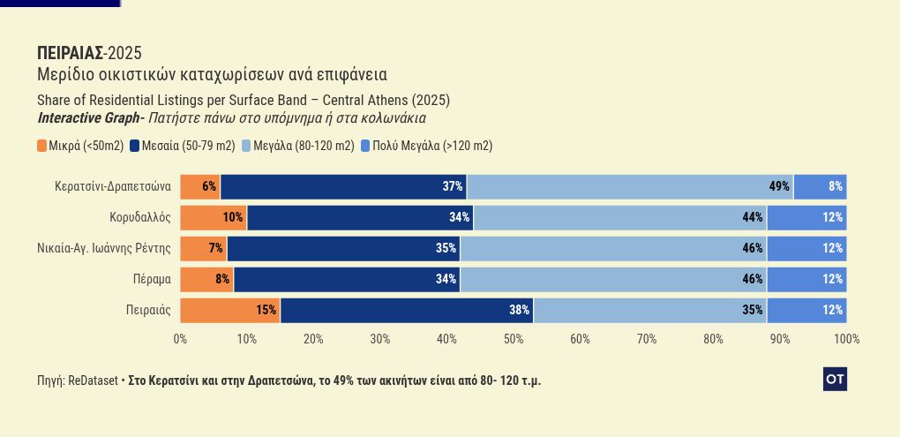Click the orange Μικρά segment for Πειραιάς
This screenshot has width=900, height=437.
click(230, 310)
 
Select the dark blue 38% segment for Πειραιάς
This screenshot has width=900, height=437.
click(407, 310)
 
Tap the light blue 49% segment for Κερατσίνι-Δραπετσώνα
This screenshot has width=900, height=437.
click(630, 186)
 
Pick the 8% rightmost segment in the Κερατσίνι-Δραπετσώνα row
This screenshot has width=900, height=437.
click(820, 186)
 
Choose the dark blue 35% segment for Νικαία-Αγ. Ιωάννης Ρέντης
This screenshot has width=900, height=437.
click(343, 248)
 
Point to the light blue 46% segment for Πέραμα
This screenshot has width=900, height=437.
click(613, 279)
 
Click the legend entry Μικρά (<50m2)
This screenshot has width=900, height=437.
click(80, 146)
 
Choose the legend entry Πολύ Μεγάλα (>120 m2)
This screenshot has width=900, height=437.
click(426, 146)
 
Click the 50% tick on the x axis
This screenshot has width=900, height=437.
click(514, 339)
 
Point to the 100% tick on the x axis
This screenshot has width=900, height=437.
click(846, 339)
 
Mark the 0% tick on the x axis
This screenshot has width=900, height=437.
click(181, 339)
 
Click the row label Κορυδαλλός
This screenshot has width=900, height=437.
click(140, 217)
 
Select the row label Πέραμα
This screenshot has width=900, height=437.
click(152, 279)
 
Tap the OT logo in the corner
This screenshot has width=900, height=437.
click(835, 380)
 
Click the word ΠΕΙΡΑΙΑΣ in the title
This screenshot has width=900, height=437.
click(70, 53)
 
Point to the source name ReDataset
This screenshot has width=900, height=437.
click(93, 380)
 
